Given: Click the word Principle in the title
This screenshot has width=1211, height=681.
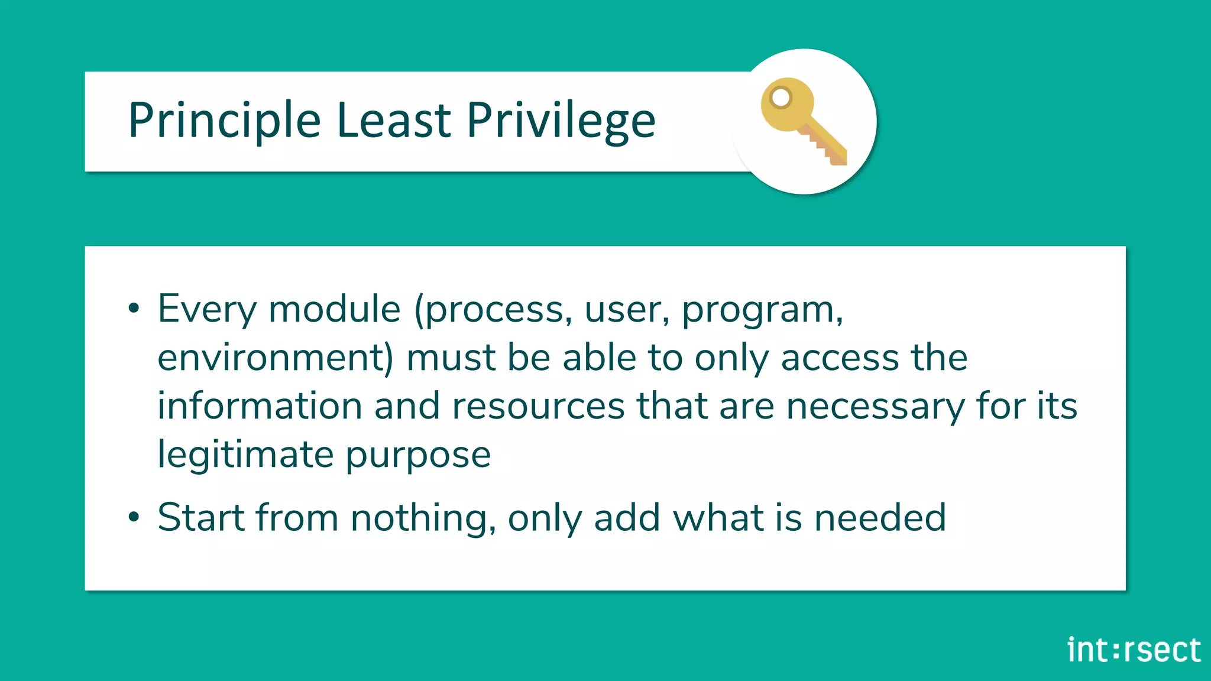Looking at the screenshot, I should click(224, 121).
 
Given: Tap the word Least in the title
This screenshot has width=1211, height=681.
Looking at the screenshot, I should click(394, 120).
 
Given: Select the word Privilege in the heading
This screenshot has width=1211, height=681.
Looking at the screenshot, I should click(561, 121).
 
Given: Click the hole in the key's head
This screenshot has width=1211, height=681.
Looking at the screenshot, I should click(781, 98).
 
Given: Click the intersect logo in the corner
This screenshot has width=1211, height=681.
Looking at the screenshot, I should click(1134, 650).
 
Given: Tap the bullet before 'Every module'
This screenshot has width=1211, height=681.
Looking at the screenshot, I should click(134, 308).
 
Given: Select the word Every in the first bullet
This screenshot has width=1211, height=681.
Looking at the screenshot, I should click(208, 309).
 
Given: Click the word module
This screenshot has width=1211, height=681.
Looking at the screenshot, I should click(335, 309).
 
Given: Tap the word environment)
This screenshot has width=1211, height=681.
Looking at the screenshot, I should click(276, 358).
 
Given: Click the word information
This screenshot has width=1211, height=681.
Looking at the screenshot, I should click(260, 406).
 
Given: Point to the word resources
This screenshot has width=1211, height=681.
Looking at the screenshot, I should click(538, 407).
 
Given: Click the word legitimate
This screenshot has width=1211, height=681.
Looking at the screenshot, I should click(245, 455).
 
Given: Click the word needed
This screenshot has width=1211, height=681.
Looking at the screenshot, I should click(880, 517).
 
